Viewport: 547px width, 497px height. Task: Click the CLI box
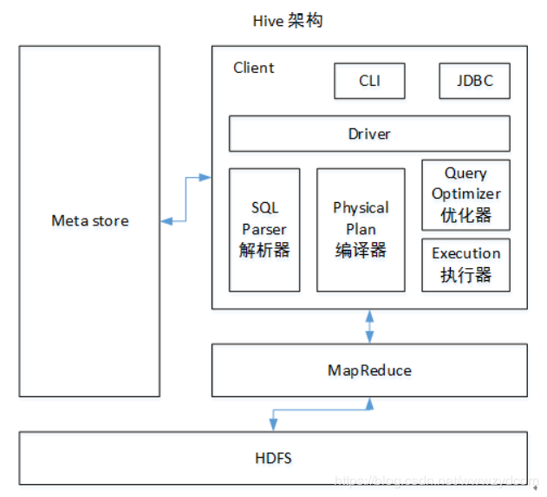point(369,82)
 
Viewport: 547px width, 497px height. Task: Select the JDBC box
point(474,82)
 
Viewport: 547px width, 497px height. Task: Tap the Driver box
point(369,134)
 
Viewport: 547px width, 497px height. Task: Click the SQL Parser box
point(264,229)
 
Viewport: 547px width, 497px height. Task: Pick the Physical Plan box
point(361,229)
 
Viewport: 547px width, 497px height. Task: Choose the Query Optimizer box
point(466,194)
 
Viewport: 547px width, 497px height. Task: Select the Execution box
point(466,265)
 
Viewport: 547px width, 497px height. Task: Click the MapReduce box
point(369,370)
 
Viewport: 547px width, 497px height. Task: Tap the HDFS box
point(273,456)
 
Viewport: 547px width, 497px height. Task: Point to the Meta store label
point(89,221)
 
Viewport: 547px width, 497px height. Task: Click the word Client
point(253,68)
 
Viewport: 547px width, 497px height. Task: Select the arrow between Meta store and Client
point(186,199)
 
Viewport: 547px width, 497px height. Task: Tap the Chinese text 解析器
point(264,251)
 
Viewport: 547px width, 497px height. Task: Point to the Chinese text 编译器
point(361,251)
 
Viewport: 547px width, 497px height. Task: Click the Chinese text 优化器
point(466,215)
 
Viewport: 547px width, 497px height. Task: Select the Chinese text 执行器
point(466,275)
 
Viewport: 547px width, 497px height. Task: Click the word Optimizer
point(466,194)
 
